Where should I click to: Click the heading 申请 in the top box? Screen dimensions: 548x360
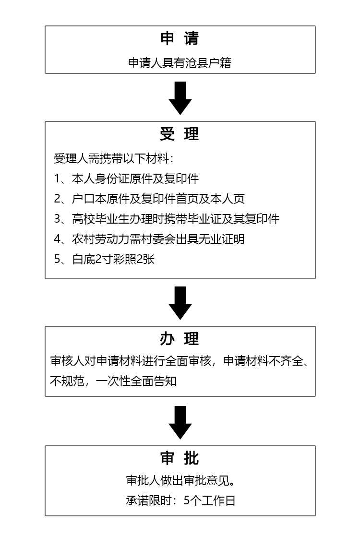coord(180,39)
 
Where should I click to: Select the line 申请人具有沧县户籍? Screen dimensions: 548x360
coord(180,63)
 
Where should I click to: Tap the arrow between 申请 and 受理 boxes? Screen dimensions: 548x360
coord(180,98)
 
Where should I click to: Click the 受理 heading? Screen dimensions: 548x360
coord(180,134)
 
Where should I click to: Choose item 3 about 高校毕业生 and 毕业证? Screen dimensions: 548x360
coord(167,219)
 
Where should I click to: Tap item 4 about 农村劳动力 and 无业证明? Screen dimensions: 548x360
coord(149,239)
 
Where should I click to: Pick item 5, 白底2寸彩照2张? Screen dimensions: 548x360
coord(104,260)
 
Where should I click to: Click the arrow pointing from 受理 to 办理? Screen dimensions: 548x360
coord(180,303)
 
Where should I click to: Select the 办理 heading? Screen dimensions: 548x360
coord(180,339)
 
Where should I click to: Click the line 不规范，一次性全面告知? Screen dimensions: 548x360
coord(113,381)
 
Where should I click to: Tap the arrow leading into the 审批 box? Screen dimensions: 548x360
coord(180,422)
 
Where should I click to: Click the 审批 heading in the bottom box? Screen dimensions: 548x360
coord(180,458)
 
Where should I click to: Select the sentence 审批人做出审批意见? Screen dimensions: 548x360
coord(180,481)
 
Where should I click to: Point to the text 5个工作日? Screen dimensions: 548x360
coord(210,501)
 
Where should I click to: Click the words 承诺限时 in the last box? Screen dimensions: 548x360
coord(145,501)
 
